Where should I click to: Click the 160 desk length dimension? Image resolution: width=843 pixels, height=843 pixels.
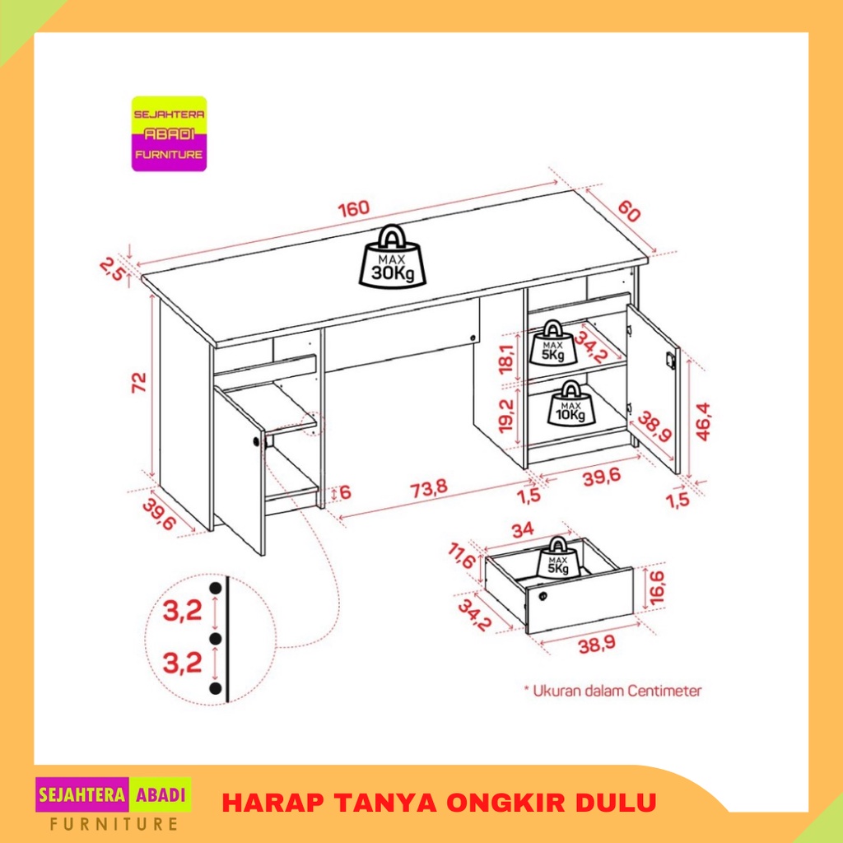click(x=354, y=208)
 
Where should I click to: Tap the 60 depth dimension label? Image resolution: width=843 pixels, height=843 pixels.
click(x=628, y=211)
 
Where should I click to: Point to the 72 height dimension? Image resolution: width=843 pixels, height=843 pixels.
click(x=138, y=382)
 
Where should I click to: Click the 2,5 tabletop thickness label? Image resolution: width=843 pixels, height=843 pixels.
click(x=112, y=269)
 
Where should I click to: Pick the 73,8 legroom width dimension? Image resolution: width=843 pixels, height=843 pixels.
click(x=428, y=489)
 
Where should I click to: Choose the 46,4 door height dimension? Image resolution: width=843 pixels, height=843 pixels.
click(x=703, y=421)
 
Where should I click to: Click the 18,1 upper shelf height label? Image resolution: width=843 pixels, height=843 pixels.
click(x=506, y=359)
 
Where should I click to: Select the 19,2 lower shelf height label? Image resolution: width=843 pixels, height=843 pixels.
click(x=506, y=416)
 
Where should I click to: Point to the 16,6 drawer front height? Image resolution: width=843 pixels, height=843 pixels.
click(x=657, y=588)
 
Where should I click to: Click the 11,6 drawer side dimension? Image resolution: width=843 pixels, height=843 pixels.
click(x=461, y=556)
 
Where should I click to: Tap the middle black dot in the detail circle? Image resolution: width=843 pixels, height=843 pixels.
click(x=217, y=639)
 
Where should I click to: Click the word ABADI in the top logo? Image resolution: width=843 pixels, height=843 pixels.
click(x=169, y=134)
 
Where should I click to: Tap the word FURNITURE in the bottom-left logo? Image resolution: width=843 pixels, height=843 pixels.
click(x=114, y=823)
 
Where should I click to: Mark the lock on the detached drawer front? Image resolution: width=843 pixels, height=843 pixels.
click(x=543, y=596)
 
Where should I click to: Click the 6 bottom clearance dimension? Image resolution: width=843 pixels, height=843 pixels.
click(x=345, y=492)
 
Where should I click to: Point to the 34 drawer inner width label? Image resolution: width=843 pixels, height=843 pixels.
click(x=523, y=529)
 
